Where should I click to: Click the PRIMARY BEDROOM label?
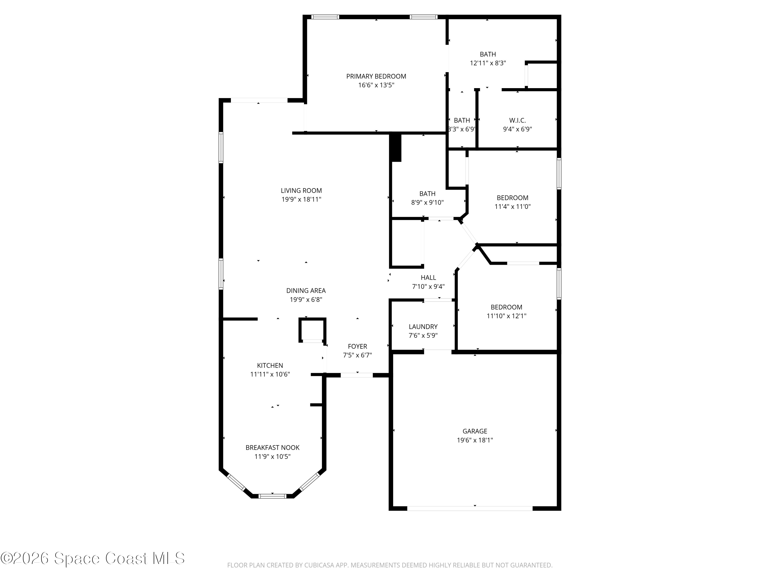376,76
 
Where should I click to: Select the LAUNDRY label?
423,327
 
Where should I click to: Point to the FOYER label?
357,347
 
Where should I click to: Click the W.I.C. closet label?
517,121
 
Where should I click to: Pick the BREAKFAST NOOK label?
272,448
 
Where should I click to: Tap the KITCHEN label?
270,366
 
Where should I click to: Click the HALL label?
428,278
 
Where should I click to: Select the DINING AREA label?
306,291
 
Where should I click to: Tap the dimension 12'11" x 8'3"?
488,63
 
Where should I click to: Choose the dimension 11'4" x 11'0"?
512,207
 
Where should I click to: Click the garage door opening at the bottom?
470,509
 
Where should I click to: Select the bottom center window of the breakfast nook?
272,496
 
